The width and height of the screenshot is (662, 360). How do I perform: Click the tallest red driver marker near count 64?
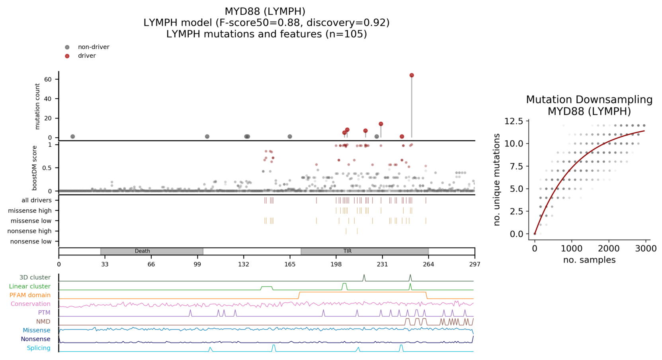click(x=412, y=75)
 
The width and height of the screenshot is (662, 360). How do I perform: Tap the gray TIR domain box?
click(x=364, y=251)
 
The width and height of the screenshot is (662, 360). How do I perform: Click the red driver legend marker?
click(x=67, y=56)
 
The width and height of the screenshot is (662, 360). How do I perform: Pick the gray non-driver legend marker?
click(x=67, y=47)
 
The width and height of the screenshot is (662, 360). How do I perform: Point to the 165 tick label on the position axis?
click(x=290, y=264)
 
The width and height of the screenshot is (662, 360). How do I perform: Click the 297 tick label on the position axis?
click(x=475, y=264)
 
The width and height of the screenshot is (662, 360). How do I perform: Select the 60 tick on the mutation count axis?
click(x=48, y=79)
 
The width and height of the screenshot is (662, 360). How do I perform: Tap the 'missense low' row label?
click(x=31, y=221)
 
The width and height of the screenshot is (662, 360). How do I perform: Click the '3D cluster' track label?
click(x=35, y=278)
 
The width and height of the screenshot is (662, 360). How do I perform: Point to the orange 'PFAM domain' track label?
click(x=30, y=295)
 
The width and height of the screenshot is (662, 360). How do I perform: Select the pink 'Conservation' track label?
click(x=31, y=304)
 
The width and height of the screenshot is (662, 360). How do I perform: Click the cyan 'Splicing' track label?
click(x=39, y=348)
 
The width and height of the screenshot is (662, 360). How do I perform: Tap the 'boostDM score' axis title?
click(x=35, y=168)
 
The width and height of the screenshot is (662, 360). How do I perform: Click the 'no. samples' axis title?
click(x=589, y=260)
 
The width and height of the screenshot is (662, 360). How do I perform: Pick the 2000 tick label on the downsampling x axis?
click(x=609, y=249)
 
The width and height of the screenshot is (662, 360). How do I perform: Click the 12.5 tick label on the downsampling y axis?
click(x=514, y=121)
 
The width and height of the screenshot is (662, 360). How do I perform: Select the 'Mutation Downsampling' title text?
click(x=589, y=99)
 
